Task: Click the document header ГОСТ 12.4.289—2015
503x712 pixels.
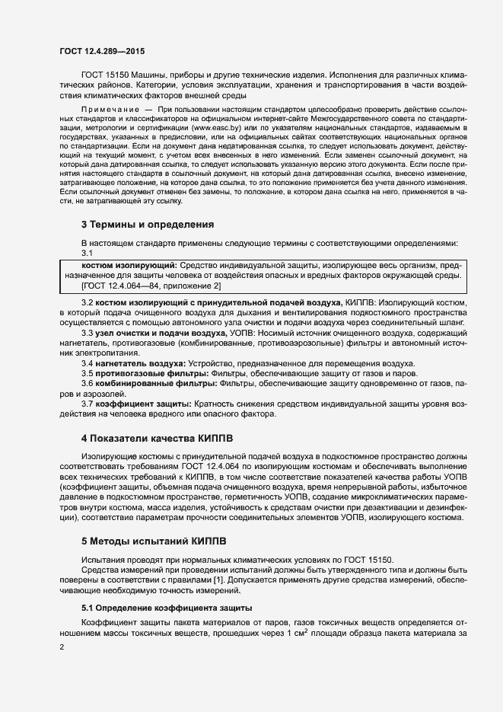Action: (102, 51)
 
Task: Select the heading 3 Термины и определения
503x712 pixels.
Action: (147, 225)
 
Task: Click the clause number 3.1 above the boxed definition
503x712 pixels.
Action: (87, 253)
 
